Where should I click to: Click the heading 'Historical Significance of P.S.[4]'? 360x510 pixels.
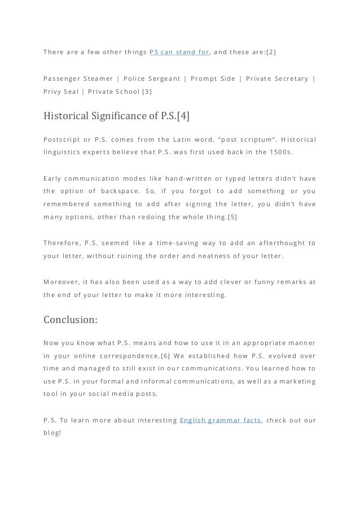pos(116,117)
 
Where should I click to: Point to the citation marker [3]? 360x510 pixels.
pos(147,91)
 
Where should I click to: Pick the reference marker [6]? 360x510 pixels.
pos(166,356)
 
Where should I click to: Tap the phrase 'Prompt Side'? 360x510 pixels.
pos(213,78)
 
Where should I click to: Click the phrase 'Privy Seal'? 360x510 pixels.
pos(60,91)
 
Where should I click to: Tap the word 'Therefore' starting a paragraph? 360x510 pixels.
pos(61,243)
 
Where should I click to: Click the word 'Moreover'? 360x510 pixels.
pos(61,281)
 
